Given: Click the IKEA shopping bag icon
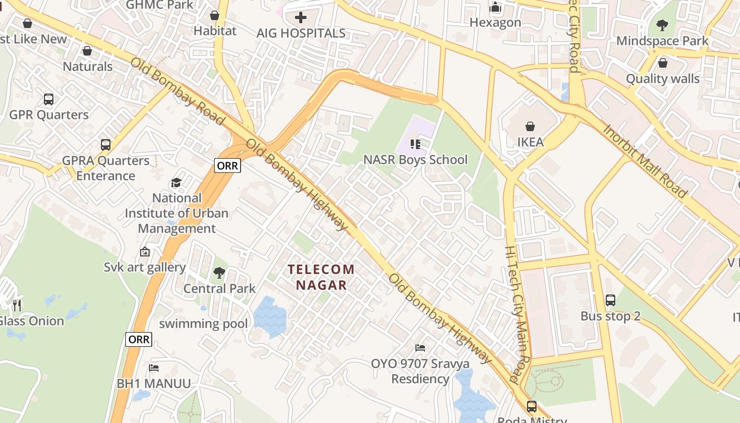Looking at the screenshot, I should coord(530,126).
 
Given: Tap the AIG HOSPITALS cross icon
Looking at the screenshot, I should coord(301,17).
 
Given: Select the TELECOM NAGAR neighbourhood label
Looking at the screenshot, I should coord(321,277).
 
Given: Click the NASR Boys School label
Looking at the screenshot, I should coord(415,160).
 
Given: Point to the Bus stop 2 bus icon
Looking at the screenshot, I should coord(610,300).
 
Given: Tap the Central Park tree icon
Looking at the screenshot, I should coord(219,273).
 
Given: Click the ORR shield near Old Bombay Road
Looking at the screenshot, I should coord(228,165).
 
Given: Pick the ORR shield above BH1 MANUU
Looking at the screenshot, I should coord(139,339).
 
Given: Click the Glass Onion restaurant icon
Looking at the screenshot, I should coord(17,305).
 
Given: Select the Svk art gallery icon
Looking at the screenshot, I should coord(145,252).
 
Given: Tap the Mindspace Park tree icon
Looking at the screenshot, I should coord(662,25).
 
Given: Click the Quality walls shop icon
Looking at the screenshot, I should coord(663,63).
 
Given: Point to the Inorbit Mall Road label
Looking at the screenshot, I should coord(644,161).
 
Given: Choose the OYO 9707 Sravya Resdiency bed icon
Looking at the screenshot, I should coord(420,348).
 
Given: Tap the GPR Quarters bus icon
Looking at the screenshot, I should coord(49,99).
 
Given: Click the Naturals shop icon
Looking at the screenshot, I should coord(87,51).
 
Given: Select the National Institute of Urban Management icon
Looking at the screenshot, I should coord(176,182).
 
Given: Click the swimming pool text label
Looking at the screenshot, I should coord(203,324).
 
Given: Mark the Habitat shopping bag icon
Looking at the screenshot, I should coord(215,15).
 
